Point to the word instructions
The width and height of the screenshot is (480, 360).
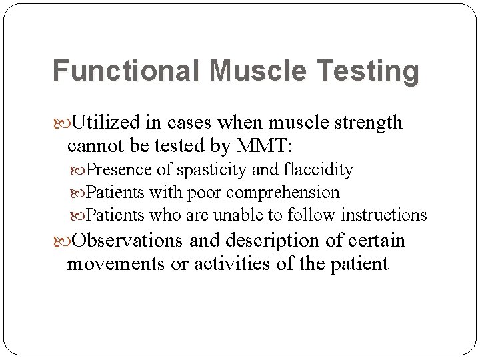384,215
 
